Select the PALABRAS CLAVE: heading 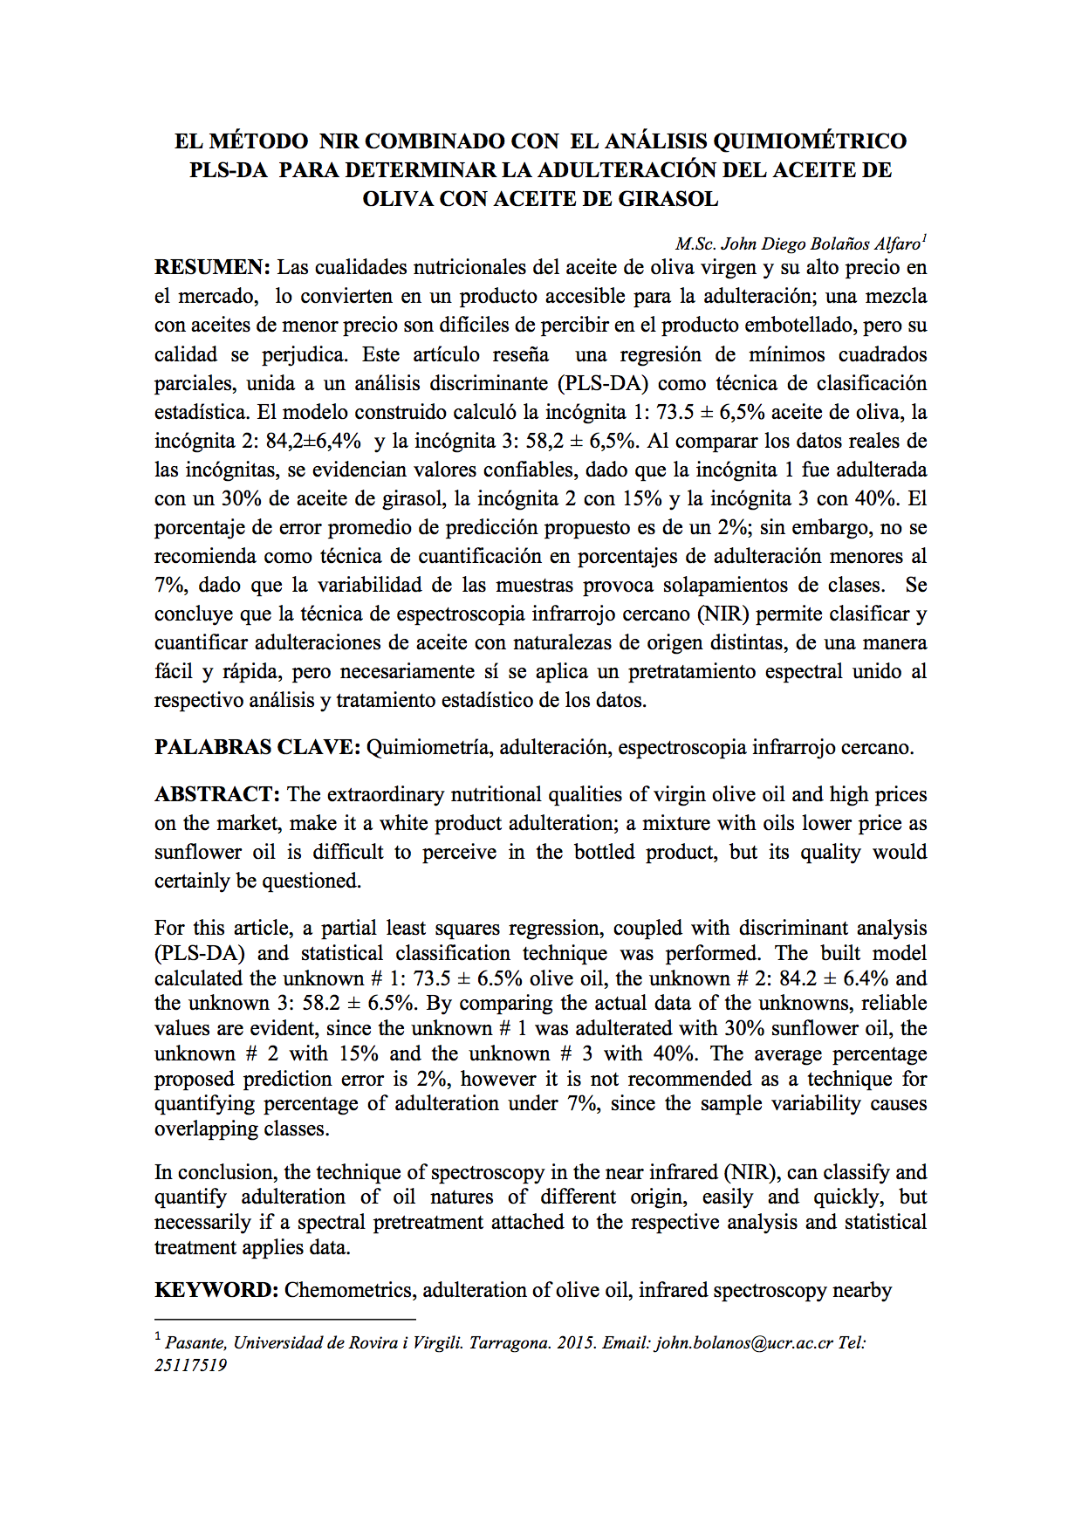tap(257, 747)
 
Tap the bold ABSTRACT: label tap(217, 794)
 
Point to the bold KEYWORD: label tap(216, 1290)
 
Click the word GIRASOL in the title tap(668, 199)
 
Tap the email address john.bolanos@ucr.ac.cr tap(744, 1343)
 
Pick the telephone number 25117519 tap(190, 1366)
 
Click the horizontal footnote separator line tap(284, 1320)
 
